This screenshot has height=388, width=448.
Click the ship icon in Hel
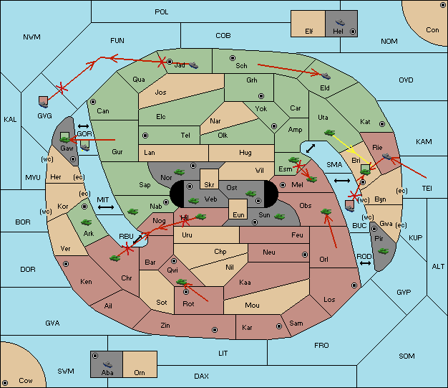(x=340, y=22)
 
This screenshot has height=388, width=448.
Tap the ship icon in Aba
(x=108, y=364)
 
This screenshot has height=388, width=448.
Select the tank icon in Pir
(x=383, y=251)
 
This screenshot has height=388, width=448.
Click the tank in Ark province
(x=86, y=222)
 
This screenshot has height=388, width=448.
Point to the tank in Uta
(x=329, y=133)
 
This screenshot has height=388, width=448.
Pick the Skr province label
(x=209, y=185)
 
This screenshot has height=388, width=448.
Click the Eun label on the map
(x=238, y=214)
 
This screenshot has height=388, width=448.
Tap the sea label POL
(x=162, y=12)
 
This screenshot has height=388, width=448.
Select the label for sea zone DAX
(x=201, y=376)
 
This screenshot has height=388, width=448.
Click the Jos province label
(x=160, y=93)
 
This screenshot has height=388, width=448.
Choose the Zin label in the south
(x=165, y=326)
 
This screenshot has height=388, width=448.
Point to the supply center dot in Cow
(x=5, y=383)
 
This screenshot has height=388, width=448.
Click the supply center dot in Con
(x=442, y=6)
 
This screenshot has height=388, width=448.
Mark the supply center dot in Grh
(x=261, y=96)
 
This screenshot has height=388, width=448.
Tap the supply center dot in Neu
(x=305, y=255)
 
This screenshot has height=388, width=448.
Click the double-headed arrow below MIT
(x=106, y=207)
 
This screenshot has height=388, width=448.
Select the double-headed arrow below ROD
(x=365, y=263)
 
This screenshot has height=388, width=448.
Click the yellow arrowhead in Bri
(x=351, y=149)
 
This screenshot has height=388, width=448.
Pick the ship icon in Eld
(x=325, y=76)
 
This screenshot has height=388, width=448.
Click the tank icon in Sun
(x=279, y=217)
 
